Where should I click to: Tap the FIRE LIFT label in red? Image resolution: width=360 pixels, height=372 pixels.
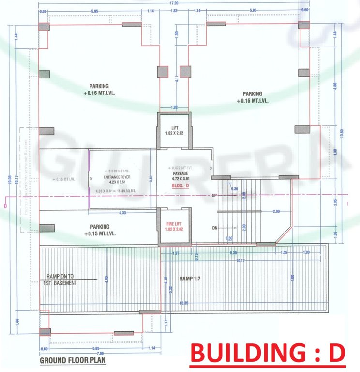174,223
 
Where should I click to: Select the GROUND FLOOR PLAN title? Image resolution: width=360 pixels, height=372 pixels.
72,360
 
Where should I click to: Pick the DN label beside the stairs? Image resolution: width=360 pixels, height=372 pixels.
214,227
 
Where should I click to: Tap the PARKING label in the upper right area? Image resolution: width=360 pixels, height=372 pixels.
252,94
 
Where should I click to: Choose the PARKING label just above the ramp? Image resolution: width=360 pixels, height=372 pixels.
99,227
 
